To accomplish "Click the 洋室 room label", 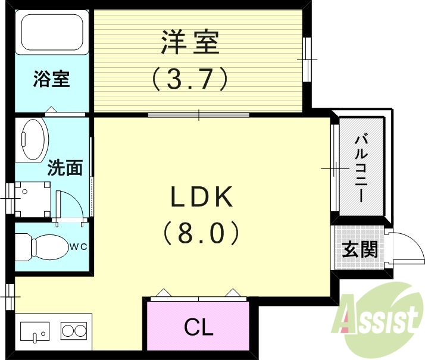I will point(190,42).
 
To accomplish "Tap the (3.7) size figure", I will point(190,78).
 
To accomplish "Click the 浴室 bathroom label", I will point(51,79).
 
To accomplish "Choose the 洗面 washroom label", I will point(65,168).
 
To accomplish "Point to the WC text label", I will point(82,246).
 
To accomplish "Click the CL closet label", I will point(198,327).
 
